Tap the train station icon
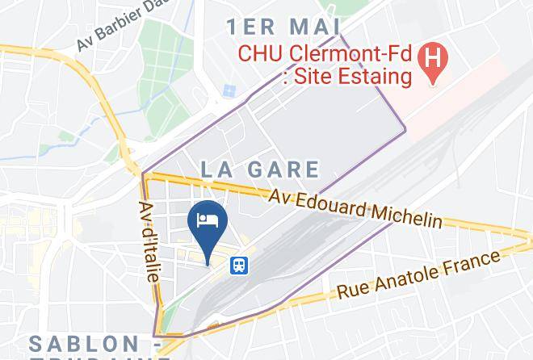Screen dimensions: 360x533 point(239,265)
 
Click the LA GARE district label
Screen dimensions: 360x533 point(260,170)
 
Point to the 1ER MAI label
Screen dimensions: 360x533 point(283,27)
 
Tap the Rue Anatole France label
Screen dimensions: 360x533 point(418,275)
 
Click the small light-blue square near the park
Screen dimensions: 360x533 point(229,90)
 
